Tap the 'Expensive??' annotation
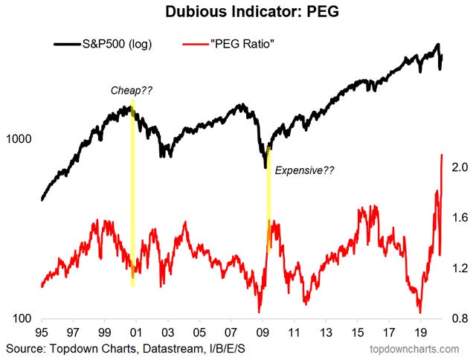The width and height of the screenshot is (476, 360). (305, 170)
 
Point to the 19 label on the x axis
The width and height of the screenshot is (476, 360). (419, 332)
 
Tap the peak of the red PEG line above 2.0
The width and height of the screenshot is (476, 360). (443, 155)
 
